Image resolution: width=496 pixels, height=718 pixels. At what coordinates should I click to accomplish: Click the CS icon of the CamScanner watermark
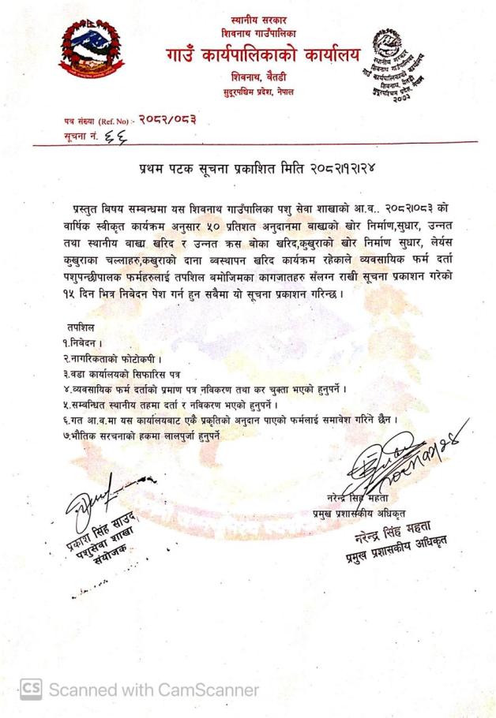(32, 689)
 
